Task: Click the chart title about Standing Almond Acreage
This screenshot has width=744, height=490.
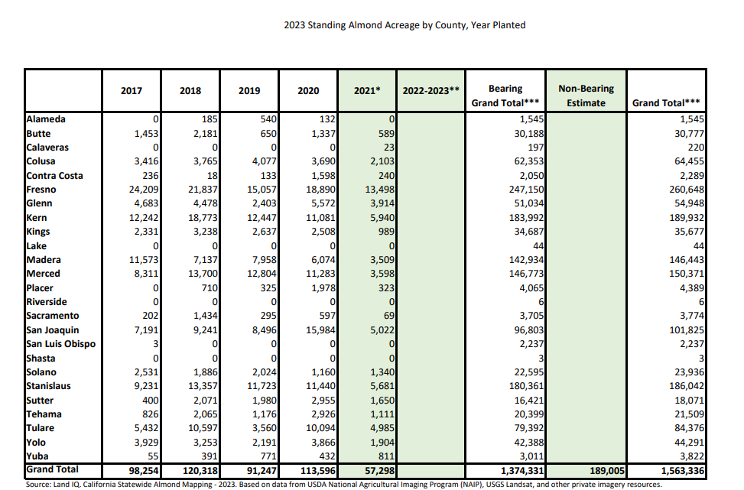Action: [404, 25]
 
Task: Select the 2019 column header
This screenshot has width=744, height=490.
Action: [249, 91]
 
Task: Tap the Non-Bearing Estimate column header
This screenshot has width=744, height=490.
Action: [586, 96]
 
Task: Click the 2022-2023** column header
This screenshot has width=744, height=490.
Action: [430, 91]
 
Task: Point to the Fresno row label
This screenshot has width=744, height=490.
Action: [41, 190]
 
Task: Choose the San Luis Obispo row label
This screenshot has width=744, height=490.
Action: [60, 344]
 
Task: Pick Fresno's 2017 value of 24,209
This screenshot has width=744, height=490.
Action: [144, 190]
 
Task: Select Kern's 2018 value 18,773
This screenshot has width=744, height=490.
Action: [203, 218]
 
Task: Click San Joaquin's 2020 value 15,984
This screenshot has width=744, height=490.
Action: [320, 329]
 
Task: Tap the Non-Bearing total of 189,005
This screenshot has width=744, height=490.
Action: [607, 471]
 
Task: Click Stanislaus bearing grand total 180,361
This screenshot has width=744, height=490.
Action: [527, 386]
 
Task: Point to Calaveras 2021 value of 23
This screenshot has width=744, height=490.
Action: [389, 148]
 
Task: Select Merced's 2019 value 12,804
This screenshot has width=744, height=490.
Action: [262, 274]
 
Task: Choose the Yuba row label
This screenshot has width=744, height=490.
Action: [37, 456]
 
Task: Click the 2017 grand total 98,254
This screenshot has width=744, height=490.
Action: [144, 471]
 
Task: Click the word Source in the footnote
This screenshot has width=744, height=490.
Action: [37, 485]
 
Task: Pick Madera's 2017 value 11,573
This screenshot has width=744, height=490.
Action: [144, 260]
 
